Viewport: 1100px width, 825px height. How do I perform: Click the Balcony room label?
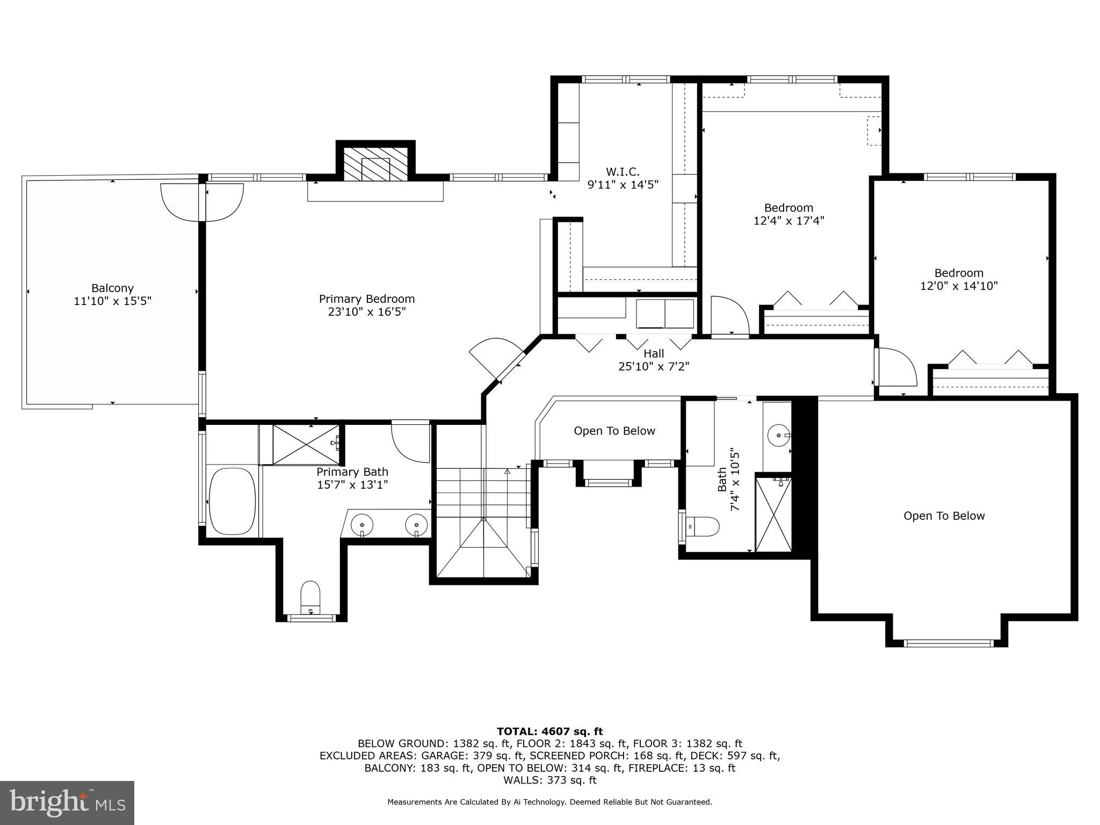pos(112,288)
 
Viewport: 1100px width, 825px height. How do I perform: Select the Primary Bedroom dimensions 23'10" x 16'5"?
pos(367,312)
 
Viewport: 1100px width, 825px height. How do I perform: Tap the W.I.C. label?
pos(623,172)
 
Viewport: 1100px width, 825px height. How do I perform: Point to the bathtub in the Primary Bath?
pos(232,501)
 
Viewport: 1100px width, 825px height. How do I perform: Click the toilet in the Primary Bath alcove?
pos(310,596)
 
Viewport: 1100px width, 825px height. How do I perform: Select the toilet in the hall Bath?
pos(703,526)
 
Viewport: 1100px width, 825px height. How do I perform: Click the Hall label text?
pos(654,354)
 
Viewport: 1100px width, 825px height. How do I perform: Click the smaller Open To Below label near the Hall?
pos(614,431)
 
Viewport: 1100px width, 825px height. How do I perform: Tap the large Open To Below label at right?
pos(944,516)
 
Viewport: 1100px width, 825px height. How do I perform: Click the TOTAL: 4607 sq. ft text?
pos(549,732)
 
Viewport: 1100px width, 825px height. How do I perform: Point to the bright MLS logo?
pos(67,803)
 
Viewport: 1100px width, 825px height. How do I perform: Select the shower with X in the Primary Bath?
pos(306,444)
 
